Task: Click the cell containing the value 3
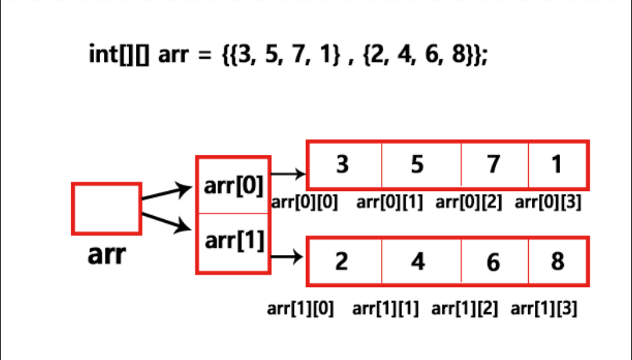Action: coord(343,165)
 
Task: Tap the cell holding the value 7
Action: coord(493,165)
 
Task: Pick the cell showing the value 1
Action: coord(556,165)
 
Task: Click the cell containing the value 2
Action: coord(342,261)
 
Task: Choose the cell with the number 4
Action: coord(418,261)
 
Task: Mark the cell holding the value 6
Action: coord(493,261)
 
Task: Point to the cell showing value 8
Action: coord(557,261)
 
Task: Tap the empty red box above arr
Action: coord(106,208)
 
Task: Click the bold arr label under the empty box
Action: coord(106,255)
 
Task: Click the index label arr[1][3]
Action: coord(544,308)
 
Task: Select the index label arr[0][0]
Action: coord(305,203)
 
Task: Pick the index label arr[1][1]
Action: coord(386,308)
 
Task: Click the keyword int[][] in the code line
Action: coord(121,56)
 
